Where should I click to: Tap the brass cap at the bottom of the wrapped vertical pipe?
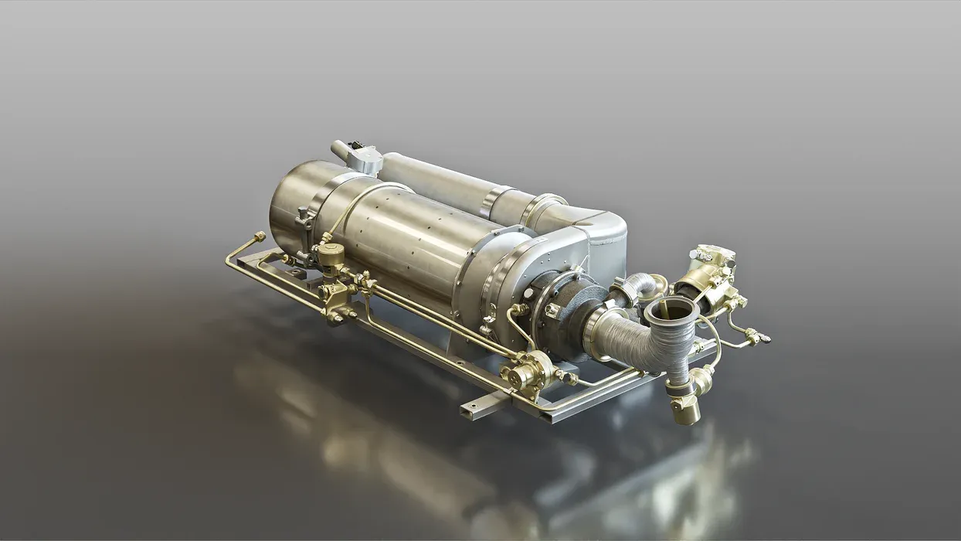pos(685,413)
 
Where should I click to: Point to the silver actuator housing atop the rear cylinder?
pos(364,159)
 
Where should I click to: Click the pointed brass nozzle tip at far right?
pos(765,338)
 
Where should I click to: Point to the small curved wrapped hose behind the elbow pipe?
pos(635,288)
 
